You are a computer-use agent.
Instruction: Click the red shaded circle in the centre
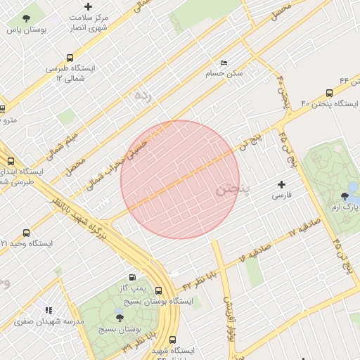(180, 179)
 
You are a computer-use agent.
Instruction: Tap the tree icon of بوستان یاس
(27, 19)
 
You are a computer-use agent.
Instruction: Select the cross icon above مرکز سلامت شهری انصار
(88, 6)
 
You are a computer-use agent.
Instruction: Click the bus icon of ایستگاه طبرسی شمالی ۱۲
(69, 58)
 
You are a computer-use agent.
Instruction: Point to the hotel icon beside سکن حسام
(224, 63)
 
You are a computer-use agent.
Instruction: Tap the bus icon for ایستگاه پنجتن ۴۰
(329, 93)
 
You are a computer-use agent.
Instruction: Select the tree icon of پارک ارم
(345, 196)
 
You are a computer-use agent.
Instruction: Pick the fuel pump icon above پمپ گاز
(133, 278)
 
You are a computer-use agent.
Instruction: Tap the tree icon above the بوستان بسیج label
(118, 318)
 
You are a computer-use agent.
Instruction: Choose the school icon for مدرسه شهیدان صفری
(49, 309)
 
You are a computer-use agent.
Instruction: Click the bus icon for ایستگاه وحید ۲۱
(27, 233)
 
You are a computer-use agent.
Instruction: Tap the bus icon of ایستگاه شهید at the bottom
(173, 340)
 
